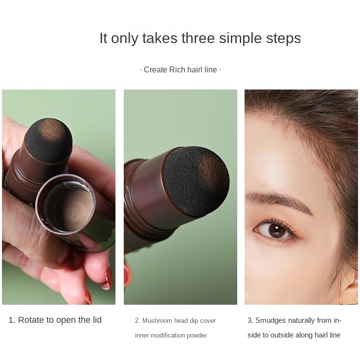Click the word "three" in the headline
click(198, 38)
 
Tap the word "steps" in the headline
click(283, 39)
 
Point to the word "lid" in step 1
click(97, 319)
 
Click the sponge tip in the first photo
click(48, 139)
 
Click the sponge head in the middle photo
click(196, 181)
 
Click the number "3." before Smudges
click(250, 320)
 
